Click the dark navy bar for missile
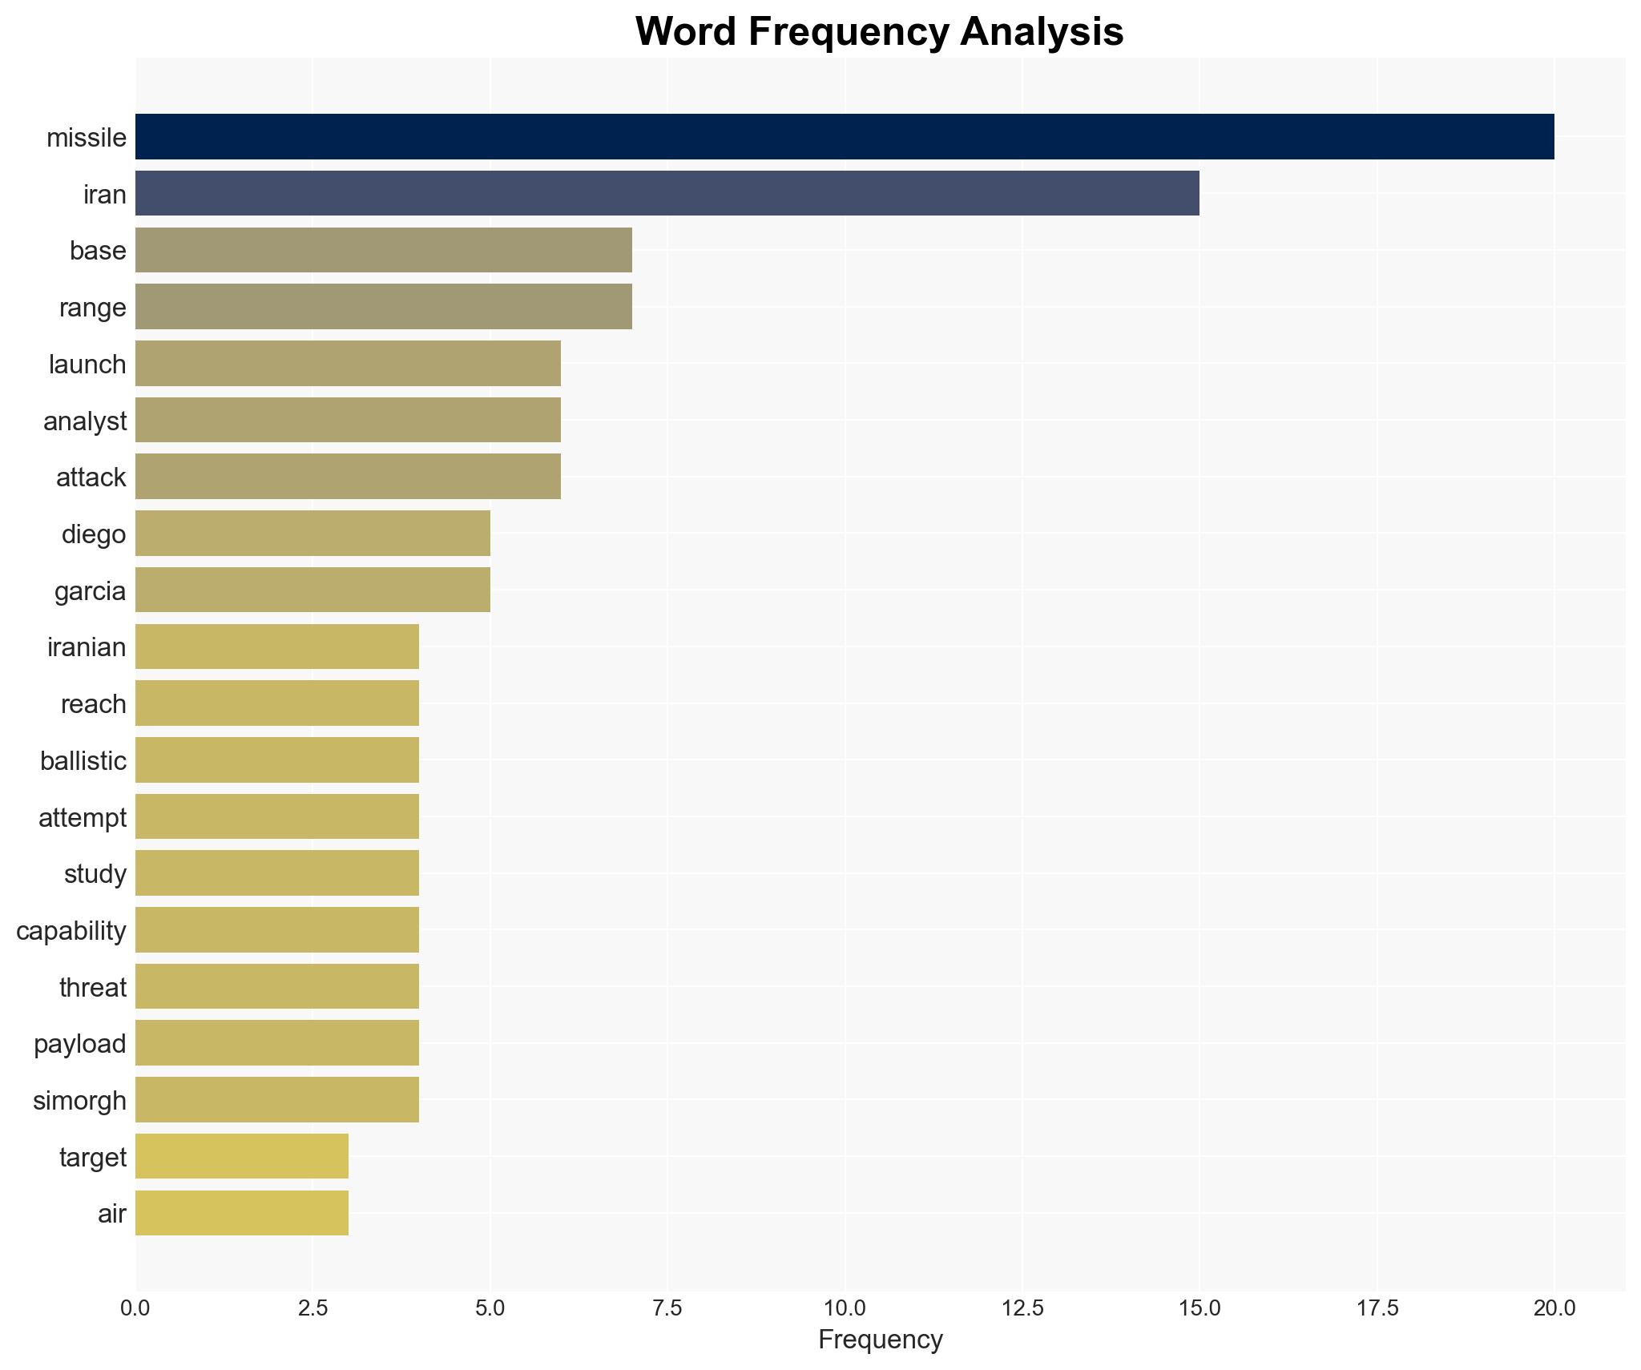click(x=844, y=137)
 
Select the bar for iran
click(x=667, y=193)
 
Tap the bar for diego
click(x=312, y=534)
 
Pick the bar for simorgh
click(x=276, y=1100)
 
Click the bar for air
click(x=241, y=1213)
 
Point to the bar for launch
click(x=348, y=364)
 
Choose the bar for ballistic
click(x=276, y=760)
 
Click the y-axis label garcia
click(x=91, y=591)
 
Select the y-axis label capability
click(x=71, y=931)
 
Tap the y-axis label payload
click(x=80, y=1044)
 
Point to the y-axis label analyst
click(x=85, y=421)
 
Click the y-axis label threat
click(x=93, y=988)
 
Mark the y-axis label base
click(x=98, y=251)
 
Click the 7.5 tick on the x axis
click(x=667, y=1308)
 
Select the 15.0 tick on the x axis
click(x=1199, y=1308)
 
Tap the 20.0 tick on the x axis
click(x=1554, y=1308)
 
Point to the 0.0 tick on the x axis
click(x=135, y=1308)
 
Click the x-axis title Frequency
click(x=880, y=1340)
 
